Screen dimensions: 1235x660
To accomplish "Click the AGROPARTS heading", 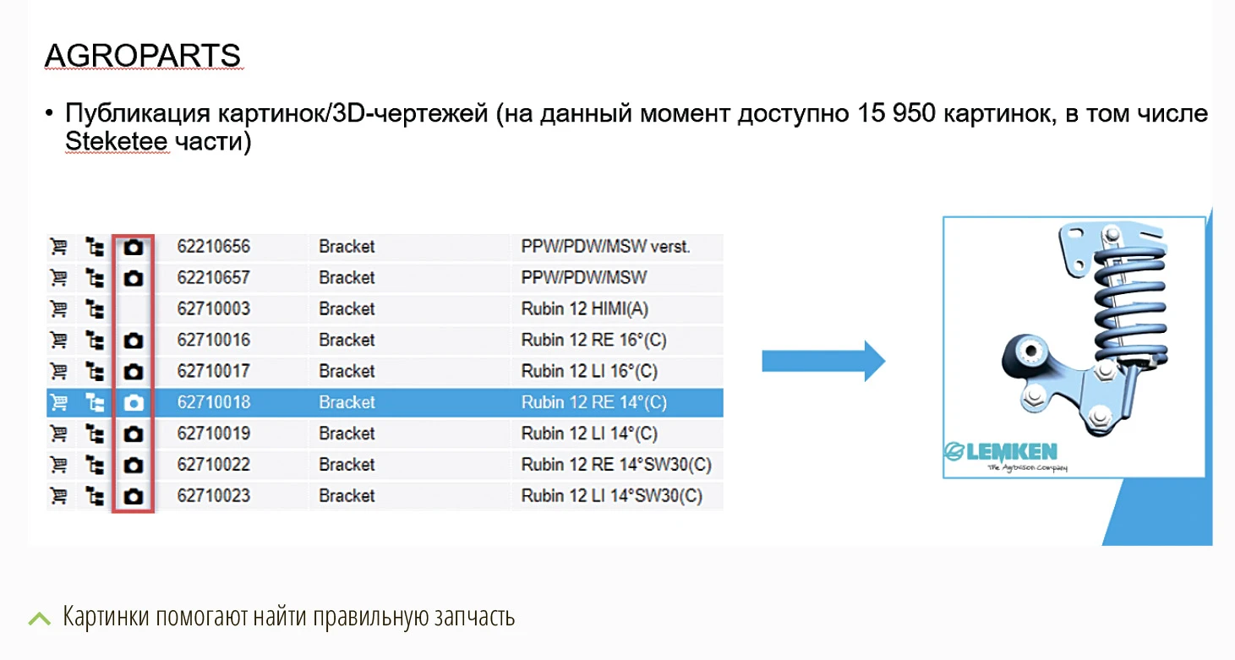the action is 142,55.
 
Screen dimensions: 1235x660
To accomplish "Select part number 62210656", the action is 213,247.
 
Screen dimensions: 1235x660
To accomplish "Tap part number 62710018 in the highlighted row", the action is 213,402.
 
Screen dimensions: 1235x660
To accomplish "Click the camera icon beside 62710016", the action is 133,341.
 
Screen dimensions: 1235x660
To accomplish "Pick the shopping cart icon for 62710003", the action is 58,308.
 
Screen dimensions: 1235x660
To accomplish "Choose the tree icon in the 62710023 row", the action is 95,496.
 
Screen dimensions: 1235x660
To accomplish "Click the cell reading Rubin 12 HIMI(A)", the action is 584,308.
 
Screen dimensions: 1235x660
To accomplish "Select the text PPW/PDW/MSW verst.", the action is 605,247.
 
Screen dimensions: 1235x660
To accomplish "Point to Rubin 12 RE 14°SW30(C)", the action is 616,465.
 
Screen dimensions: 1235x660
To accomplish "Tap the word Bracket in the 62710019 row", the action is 347,434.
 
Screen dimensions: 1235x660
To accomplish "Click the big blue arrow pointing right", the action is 823,361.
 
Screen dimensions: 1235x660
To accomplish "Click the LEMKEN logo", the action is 1001,456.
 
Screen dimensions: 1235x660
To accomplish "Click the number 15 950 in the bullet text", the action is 896,113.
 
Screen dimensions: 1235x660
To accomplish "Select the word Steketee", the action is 117,141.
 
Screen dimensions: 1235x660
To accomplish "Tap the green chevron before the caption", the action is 39,618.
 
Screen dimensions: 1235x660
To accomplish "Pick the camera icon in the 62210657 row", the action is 133,278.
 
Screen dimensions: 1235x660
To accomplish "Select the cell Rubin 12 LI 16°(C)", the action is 589,371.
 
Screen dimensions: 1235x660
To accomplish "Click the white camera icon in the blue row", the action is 133,403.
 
